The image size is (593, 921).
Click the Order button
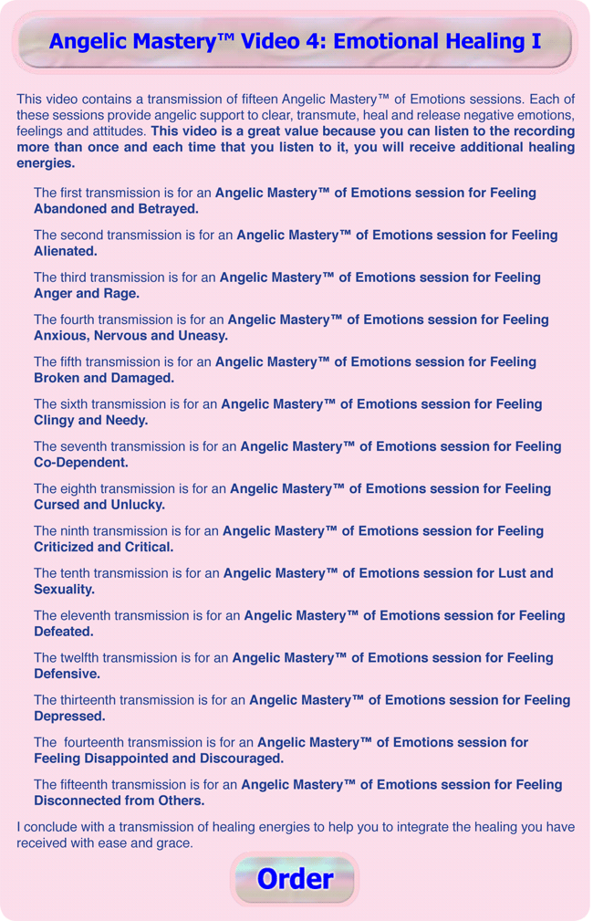295,879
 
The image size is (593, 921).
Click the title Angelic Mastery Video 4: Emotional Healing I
295,42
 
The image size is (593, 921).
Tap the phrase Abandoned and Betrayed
116,209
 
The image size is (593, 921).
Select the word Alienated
66,251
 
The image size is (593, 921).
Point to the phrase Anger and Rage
87,293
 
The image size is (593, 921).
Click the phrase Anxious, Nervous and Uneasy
130,336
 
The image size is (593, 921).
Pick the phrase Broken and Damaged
104,378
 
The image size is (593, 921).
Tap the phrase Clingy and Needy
91,420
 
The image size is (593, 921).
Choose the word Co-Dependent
81,463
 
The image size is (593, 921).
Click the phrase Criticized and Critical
104,547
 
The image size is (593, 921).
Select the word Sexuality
65,590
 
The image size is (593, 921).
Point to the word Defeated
65,632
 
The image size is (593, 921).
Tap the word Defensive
68,674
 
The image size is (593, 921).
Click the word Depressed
68,717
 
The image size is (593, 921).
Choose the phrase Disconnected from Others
120,801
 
